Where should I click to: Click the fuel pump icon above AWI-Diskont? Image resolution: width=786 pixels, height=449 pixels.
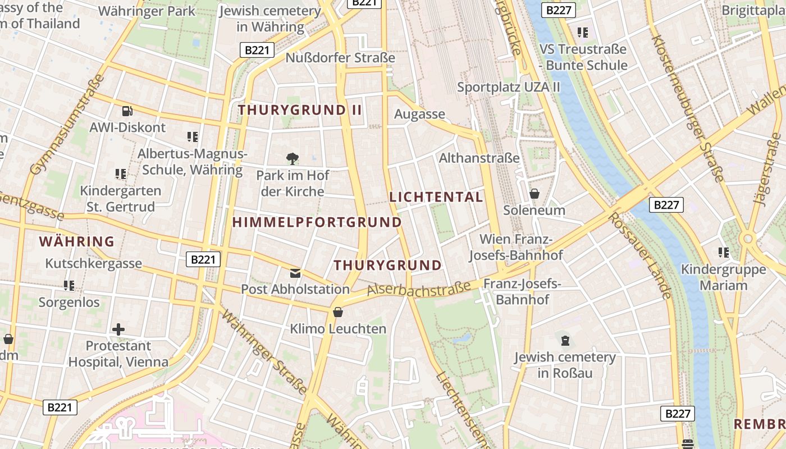[x=127, y=111]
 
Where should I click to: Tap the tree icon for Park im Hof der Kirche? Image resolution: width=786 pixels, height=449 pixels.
[x=292, y=159]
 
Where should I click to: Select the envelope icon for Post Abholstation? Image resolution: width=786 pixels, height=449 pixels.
[x=295, y=273]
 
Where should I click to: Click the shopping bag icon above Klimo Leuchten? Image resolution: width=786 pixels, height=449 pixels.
[x=338, y=312]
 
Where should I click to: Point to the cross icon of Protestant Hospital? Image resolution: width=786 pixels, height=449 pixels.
[x=118, y=329]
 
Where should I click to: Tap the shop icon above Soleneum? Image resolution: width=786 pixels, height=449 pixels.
[x=534, y=194]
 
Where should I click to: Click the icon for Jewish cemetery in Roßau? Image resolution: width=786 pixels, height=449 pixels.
[x=565, y=340]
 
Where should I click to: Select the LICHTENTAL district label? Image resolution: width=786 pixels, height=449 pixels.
[x=436, y=197]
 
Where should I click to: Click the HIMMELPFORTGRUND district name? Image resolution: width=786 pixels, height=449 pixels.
[x=317, y=222]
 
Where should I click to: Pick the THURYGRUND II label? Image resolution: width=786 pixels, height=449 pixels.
[x=300, y=110]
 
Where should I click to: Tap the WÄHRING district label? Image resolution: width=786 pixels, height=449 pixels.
[x=77, y=242]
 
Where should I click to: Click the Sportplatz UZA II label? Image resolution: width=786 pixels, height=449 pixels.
[x=509, y=87]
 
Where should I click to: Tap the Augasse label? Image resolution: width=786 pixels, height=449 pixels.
[x=419, y=114]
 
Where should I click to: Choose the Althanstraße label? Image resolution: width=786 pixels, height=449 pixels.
[x=479, y=158]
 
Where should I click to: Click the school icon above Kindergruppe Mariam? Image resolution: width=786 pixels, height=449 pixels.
[x=723, y=253]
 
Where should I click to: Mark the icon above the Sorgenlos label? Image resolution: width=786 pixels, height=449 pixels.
[x=69, y=286]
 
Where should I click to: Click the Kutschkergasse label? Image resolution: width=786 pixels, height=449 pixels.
[x=94, y=263]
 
